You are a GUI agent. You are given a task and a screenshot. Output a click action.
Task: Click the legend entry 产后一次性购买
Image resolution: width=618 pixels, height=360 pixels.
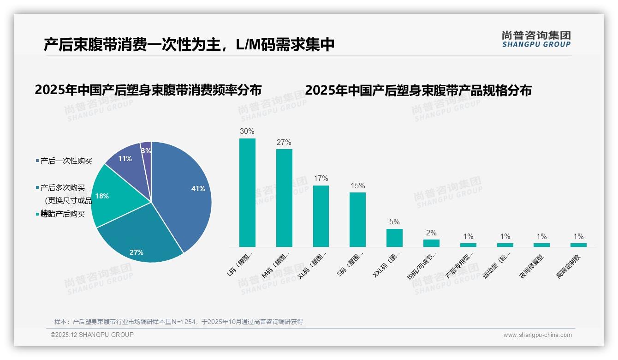tap(66, 161)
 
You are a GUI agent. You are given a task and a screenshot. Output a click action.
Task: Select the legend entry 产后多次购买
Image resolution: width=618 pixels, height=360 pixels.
tap(62, 188)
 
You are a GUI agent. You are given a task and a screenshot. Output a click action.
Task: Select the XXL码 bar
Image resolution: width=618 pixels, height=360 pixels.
tap(394, 238)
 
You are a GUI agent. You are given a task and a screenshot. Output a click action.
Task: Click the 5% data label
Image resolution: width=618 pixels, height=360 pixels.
tap(394, 222)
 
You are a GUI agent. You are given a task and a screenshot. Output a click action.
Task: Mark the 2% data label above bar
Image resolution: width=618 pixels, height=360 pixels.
tap(431, 233)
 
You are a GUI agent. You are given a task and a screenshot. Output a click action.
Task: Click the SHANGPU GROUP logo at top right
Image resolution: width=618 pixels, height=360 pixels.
tap(536, 39)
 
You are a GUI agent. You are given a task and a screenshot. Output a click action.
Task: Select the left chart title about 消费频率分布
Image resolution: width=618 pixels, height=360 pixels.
tap(148, 90)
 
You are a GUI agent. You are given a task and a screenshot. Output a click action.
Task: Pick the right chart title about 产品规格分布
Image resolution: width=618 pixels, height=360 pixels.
tap(418, 90)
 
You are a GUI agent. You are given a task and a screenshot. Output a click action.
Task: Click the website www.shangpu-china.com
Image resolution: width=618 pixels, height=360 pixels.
tap(537, 335)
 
